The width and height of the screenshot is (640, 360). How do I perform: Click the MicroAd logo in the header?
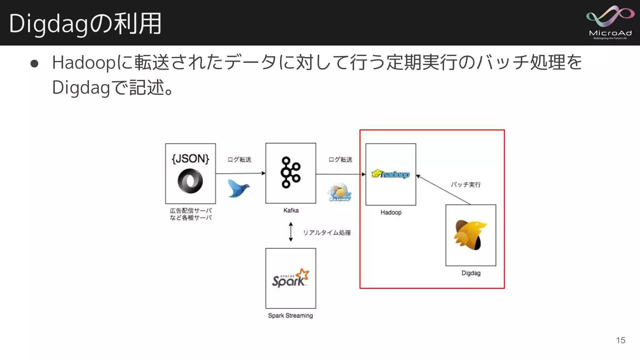pyautogui.click(x=610, y=22)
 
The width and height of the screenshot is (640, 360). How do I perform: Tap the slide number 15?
pyautogui.click(x=620, y=340)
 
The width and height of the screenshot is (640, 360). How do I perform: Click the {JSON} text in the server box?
pyautogui.click(x=190, y=159)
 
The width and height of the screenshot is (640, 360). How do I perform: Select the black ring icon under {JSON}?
pyautogui.click(x=190, y=181)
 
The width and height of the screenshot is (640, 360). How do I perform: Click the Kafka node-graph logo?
pyautogui.click(x=290, y=172)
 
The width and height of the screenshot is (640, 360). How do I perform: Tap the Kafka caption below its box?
pyautogui.click(x=291, y=210)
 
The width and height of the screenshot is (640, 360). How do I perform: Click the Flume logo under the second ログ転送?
pyautogui.click(x=339, y=192)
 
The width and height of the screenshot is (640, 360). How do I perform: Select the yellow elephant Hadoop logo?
pyautogui.click(x=390, y=174)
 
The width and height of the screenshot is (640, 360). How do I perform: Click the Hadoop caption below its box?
pyautogui.click(x=391, y=212)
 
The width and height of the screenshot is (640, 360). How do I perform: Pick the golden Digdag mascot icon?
pyautogui.click(x=470, y=235)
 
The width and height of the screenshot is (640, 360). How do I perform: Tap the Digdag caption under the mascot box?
pyautogui.click(x=471, y=273)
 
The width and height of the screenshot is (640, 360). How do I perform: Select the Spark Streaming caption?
pyautogui.click(x=290, y=315)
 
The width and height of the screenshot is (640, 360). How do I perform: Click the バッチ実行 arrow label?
pyautogui.click(x=466, y=184)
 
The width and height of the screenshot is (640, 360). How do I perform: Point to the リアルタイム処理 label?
pyautogui.click(x=326, y=233)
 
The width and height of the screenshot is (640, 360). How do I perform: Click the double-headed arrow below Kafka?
pyautogui.click(x=291, y=232)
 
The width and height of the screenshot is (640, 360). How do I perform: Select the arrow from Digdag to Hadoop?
pyautogui.click(x=443, y=189)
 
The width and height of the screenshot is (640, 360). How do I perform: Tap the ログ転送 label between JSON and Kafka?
pyautogui.click(x=239, y=160)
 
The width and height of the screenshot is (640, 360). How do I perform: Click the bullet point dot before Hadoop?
pyautogui.click(x=34, y=63)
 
